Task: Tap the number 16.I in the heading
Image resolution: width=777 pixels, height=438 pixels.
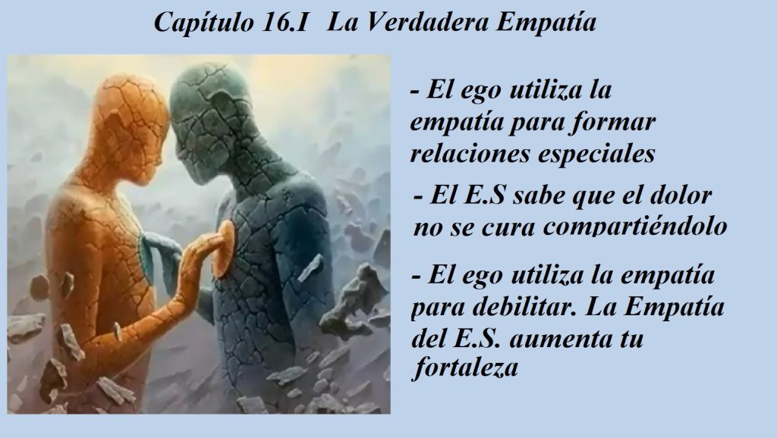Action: [285, 22]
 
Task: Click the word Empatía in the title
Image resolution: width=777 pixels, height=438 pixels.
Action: [546, 22]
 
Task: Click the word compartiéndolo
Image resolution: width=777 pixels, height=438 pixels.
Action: [635, 227]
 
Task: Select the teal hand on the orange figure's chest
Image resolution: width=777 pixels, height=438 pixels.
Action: [158, 258]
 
